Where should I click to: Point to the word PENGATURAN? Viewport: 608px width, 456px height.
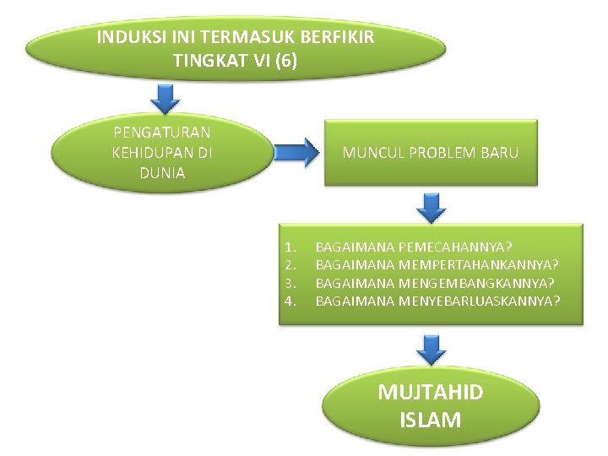coord(162,132)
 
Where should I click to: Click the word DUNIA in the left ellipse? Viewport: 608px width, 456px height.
coord(162,174)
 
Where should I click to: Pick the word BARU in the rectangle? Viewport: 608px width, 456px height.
coord(501,153)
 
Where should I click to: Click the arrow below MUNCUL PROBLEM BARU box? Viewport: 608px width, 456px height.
coord(432,206)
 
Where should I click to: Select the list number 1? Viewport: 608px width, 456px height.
coord(290,247)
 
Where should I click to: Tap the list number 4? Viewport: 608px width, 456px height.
coord(290,301)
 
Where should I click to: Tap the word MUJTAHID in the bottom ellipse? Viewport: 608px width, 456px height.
coord(430,393)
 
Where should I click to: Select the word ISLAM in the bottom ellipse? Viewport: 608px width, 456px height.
coord(430,419)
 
